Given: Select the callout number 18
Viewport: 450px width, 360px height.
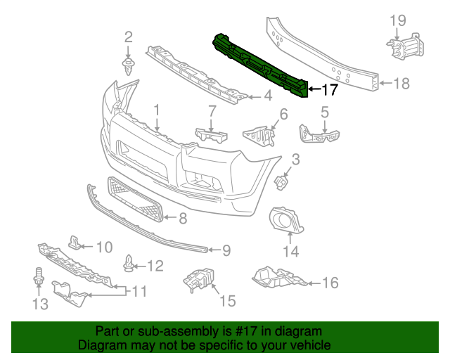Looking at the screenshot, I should (400, 84).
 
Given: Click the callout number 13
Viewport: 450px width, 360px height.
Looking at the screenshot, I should (39, 304).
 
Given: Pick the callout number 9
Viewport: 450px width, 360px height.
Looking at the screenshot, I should (226, 249).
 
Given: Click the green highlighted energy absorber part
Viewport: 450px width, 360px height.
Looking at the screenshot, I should (260, 65).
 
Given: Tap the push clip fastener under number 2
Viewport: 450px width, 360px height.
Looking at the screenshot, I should (129, 67).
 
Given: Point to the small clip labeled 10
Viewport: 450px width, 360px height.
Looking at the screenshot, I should (75, 243).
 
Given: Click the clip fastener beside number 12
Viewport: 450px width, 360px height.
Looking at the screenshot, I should (129, 264).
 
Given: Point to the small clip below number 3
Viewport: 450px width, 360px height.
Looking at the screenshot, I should (283, 181).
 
